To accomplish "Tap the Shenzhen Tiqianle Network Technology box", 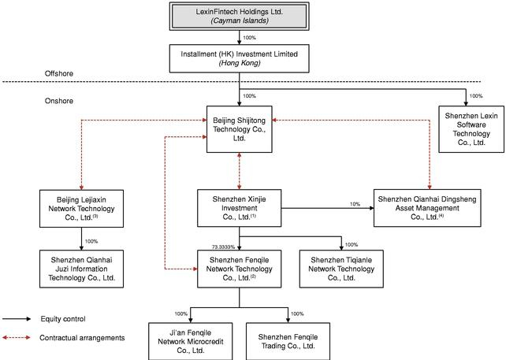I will tap(342, 267).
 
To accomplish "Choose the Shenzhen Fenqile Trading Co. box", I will tap(287, 336).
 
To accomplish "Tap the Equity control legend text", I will tap(63, 319).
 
